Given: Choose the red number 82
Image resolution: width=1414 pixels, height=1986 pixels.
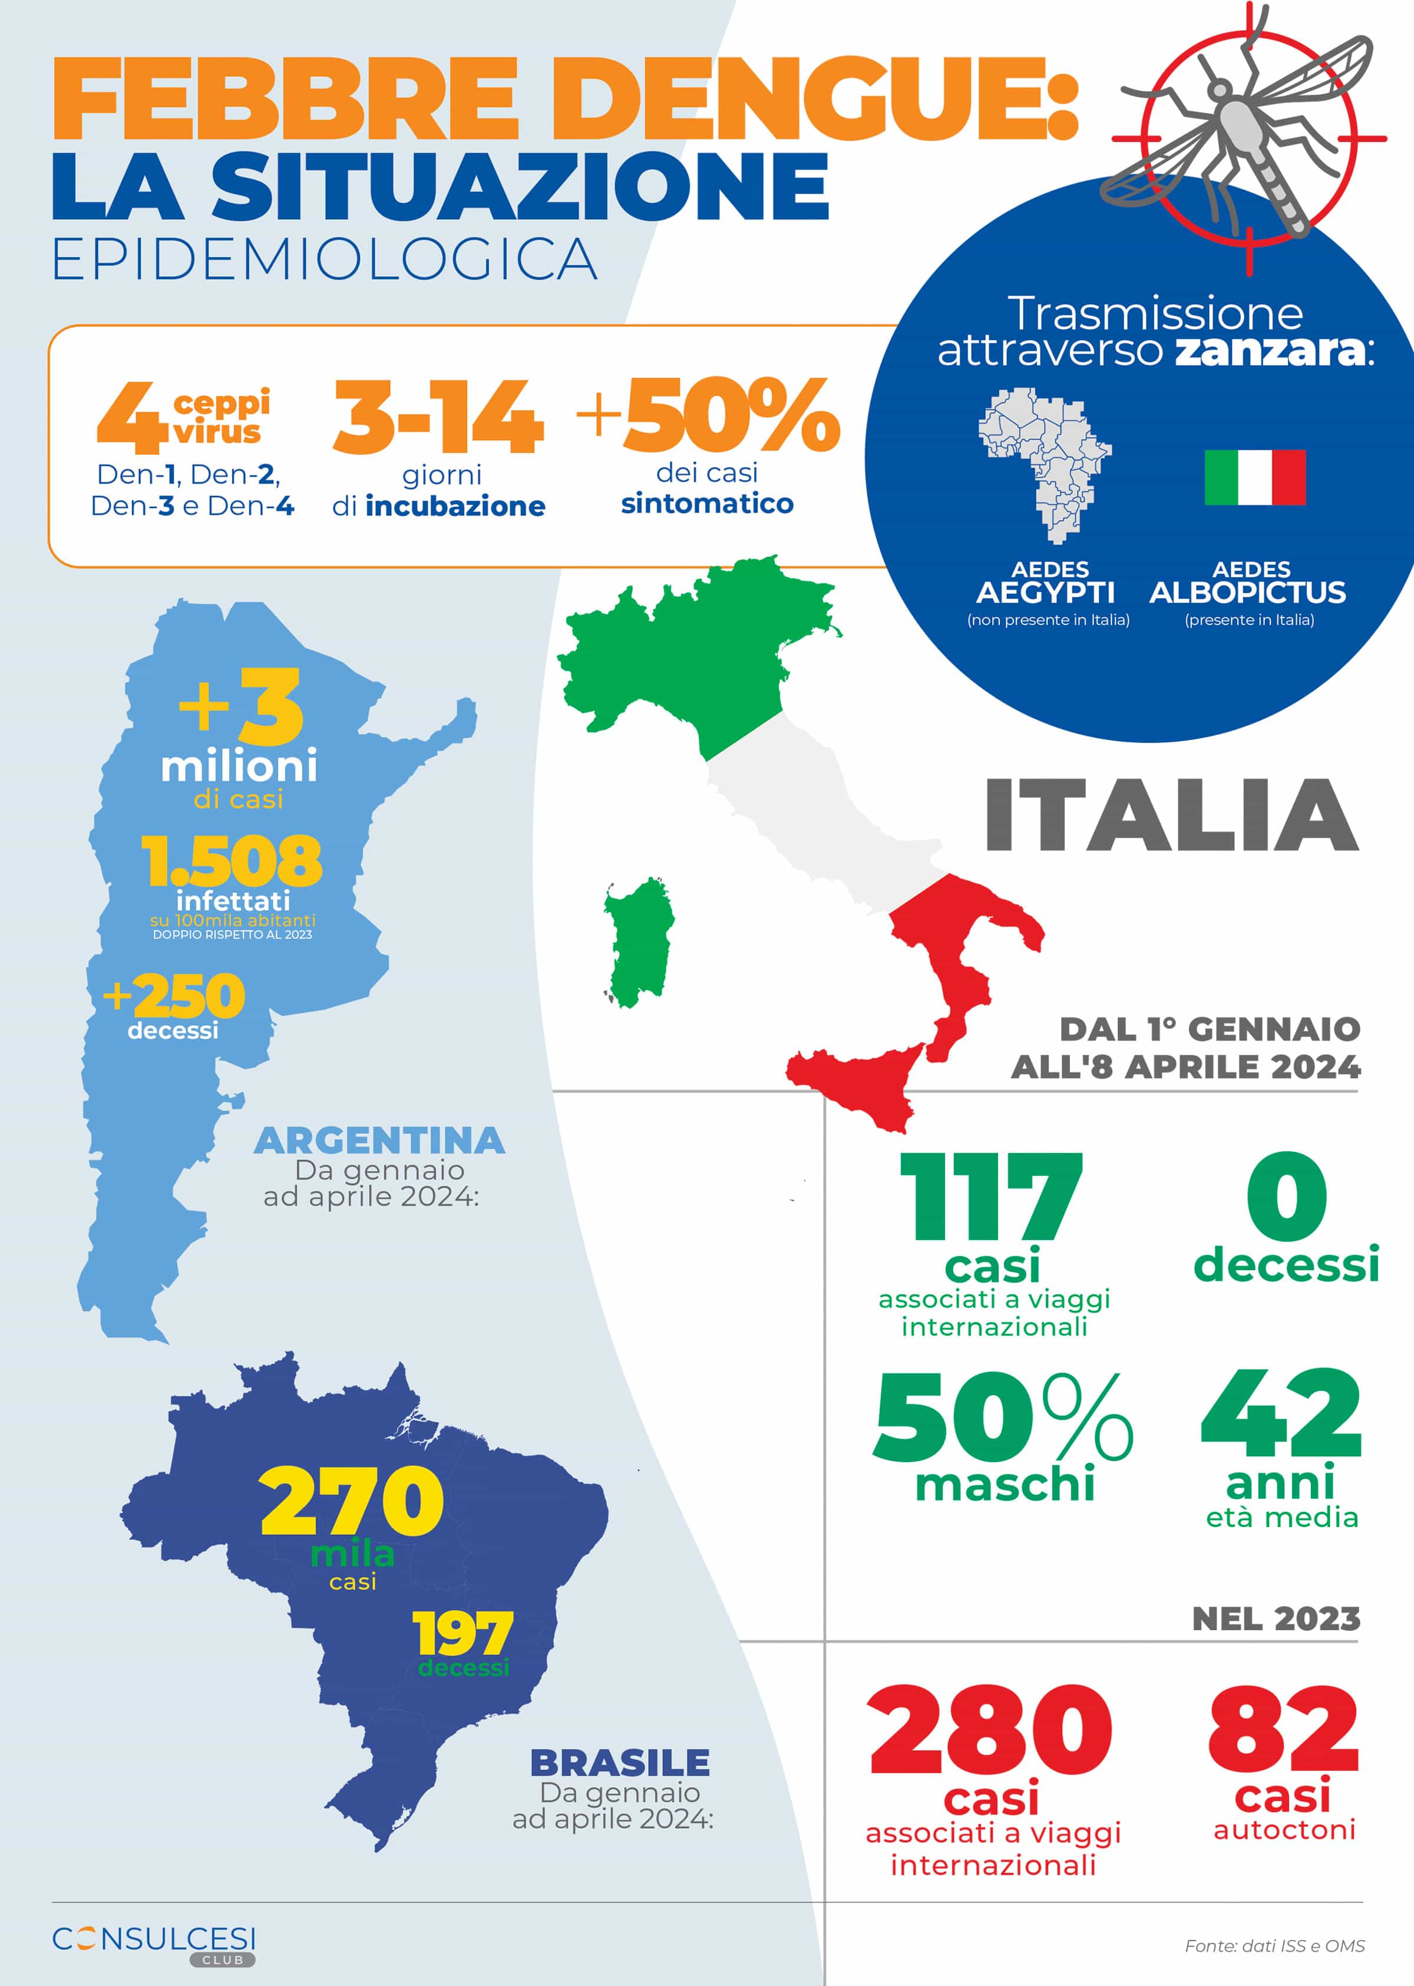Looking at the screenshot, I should pos(1283,1729).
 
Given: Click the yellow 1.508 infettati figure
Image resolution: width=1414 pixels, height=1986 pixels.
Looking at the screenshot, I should pos(232,860).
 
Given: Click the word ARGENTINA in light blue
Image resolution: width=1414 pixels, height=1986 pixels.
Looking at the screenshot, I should pos(379,1141).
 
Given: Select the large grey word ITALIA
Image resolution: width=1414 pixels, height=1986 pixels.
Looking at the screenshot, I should pos(1171,815).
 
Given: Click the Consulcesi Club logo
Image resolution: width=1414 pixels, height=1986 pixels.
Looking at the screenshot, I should pos(154,1942).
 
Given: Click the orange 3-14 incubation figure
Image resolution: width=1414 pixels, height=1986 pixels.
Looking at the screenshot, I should pos(438,418).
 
